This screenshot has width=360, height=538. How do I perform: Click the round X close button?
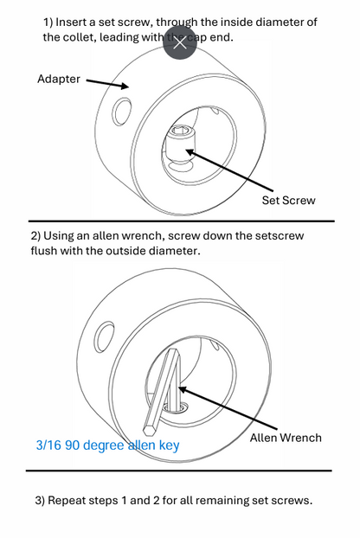(180, 42)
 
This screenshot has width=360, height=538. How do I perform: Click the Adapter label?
(59, 79)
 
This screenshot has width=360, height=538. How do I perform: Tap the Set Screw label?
(288, 200)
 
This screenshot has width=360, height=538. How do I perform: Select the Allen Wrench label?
(285, 438)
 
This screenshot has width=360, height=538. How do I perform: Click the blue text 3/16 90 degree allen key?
(107, 446)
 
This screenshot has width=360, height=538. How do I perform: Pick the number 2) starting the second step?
(36, 235)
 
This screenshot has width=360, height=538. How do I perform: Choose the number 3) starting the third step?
(40, 501)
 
